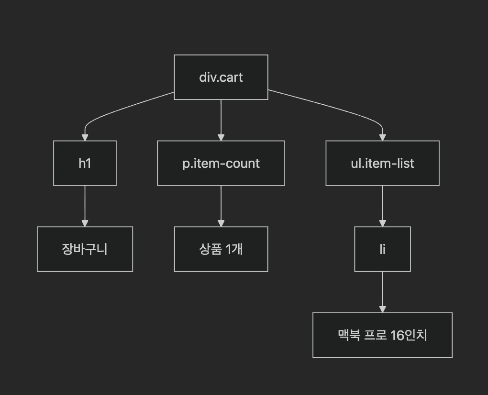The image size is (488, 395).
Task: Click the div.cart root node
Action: click(x=221, y=77)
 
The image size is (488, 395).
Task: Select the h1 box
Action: click(x=85, y=163)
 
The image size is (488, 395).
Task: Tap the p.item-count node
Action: click(x=221, y=163)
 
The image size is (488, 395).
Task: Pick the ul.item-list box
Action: click(x=382, y=163)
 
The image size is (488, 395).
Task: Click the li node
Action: click(x=382, y=249)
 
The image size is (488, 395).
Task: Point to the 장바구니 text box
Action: click(x=85, y=249)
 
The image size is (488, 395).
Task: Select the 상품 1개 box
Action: click(x=221, y=249)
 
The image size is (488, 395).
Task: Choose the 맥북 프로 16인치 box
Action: click(x=382, y=335)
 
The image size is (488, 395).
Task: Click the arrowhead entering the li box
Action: click(x=382, y=223)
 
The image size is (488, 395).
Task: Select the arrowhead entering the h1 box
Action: click(x=85, y=137)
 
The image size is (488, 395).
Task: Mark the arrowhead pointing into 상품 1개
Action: click(x=221, y=223)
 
